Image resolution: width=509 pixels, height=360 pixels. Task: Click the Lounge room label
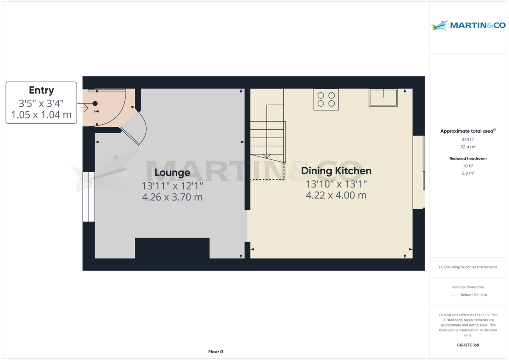coord(172,173)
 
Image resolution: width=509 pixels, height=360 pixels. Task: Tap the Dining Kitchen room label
coord(336,171)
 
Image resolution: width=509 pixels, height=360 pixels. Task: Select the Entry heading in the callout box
coord(41,90)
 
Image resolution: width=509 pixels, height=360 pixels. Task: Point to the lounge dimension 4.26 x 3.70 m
coord(172,197)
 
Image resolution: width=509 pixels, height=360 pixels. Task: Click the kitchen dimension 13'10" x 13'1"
coord(336,184)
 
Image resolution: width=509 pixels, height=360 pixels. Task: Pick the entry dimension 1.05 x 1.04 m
coord(41,114)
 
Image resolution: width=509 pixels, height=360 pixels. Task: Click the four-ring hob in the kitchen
coord(326,100)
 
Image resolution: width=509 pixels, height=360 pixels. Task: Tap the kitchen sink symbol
coord(383,98)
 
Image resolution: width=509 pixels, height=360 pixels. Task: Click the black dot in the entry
coord(95,103)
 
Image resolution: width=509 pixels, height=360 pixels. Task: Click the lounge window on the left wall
coord(88,196)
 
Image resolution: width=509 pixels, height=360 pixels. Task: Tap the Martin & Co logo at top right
coord(468,25)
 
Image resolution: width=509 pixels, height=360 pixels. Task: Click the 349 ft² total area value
coord(468,139)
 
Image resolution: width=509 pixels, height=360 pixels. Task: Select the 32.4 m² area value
coord(468,147)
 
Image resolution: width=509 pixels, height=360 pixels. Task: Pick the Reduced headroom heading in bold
coord(468,159)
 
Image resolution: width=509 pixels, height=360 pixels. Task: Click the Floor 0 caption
coord(215,352)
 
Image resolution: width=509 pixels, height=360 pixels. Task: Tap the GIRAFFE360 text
coord(468,345)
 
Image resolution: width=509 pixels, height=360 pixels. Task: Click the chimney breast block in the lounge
coord(172,248)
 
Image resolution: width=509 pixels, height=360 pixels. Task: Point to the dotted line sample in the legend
coord(453,295)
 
